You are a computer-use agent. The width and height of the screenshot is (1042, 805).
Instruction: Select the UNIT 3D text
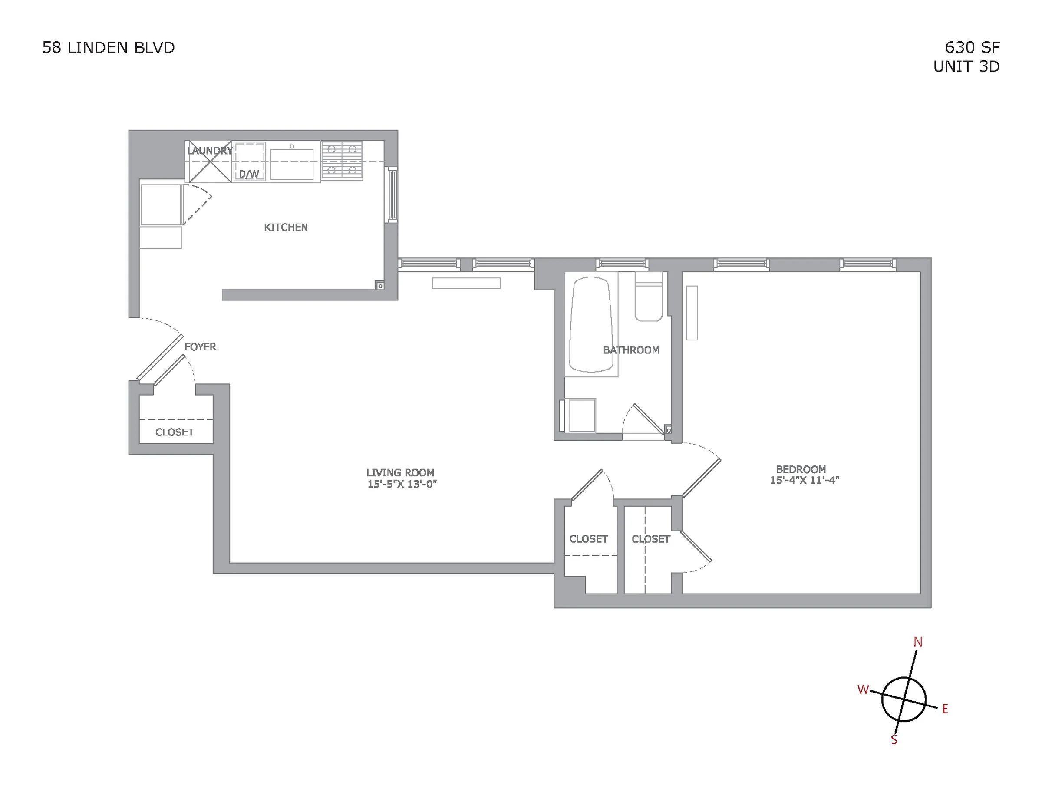click(966, 67)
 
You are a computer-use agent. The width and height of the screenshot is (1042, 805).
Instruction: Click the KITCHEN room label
click(286, 227)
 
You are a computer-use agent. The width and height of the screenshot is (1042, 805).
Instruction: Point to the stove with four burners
click(342, 160)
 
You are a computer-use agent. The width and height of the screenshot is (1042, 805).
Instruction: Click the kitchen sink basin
click(292, 164)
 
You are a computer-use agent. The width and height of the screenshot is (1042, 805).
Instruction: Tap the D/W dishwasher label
click(249, 174)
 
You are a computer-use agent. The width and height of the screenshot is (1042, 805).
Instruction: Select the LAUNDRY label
click(209, 151)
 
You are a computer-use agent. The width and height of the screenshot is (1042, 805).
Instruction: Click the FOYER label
click(201, 347)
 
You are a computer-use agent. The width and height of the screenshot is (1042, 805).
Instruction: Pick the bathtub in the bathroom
click(590, 324)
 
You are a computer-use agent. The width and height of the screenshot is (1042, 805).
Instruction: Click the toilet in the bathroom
click(648, 302)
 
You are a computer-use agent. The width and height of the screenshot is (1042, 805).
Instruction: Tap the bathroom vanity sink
click(582, 415)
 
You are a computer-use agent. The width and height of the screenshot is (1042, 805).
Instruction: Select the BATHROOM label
click(631, 350)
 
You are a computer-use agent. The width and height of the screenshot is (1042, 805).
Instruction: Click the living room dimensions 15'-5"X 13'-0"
click(402, 484)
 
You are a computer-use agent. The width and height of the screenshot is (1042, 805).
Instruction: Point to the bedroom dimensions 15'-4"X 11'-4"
click(805, 481)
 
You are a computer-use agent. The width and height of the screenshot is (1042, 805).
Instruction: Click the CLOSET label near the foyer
click(175, 432)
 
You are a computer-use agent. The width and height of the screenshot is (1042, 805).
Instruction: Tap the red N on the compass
click(917, 642)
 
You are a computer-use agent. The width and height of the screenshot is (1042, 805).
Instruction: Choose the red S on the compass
click(894, 739)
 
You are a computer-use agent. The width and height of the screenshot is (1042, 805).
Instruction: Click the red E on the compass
click(945, 709)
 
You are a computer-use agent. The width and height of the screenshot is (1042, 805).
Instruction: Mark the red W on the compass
click(863, 690)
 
